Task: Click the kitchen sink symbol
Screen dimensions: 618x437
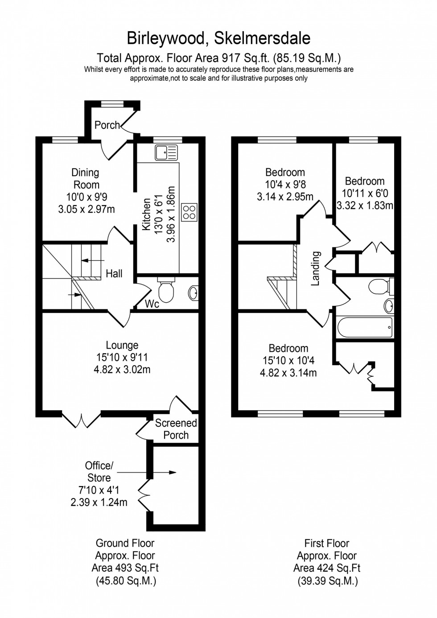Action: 166,153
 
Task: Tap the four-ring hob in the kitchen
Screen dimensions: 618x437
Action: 189,212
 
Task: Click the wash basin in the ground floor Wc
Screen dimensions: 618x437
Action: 193,293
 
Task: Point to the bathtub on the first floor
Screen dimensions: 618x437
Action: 365,327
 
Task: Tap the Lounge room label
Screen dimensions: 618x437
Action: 122,345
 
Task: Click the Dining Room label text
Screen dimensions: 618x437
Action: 86,178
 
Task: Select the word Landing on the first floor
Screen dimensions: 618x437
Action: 316,268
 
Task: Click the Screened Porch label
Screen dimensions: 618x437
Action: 176,429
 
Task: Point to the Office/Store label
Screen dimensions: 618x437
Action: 99,472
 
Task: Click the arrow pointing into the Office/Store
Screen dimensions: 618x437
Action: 147,472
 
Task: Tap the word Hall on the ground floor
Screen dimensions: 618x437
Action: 114,274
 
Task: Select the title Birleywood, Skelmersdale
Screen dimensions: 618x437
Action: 218,38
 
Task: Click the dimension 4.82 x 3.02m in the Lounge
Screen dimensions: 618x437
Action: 122,370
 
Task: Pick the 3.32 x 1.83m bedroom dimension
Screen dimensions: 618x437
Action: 365,206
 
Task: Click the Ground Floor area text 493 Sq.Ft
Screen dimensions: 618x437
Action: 125,568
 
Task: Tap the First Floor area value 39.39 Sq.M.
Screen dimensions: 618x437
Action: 327,581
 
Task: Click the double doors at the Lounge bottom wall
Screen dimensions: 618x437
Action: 81,420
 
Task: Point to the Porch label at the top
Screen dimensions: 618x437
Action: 107,125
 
